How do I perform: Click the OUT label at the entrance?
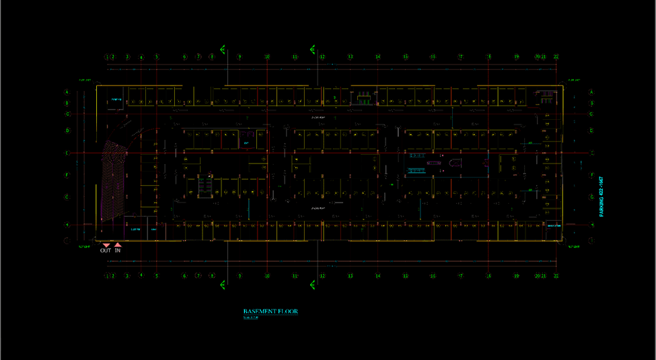[x=106, y=250]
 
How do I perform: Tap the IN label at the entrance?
[x=118, y=250]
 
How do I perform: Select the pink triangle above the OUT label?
[x=106, y=245]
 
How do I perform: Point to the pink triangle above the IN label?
[x=118, y=245]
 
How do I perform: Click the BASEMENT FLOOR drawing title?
[x=270, y=312]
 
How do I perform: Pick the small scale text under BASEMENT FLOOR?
[x=250, y=318]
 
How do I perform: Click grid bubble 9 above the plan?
[x=240, y=57]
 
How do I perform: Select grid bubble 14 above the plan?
[x=378, y=57]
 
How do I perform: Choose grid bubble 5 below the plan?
[x=157, y=276]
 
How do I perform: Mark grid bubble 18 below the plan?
[x=488, y=276]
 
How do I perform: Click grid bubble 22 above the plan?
[x=556, y=57]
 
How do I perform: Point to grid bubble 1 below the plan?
[x=107, y=276]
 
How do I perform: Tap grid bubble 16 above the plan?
[x=433, y=57]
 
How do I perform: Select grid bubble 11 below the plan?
[x=295, y=276]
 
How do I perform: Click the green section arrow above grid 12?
[x=313, y=48]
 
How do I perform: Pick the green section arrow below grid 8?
[x=223, y=285]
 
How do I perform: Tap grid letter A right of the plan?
[x=591, y=92]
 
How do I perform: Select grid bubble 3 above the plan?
[x=127, y=57]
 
